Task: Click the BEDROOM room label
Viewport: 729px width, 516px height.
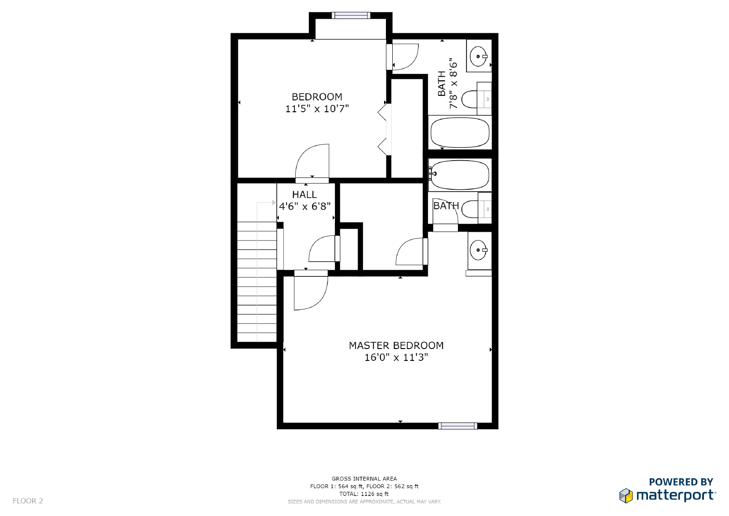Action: [x=317, y=97]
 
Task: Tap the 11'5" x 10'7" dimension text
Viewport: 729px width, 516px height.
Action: [x=317, y=109]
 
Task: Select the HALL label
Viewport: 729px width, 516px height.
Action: [x=304, y=195]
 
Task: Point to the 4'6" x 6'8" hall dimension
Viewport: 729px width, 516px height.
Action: [x=305, y=206]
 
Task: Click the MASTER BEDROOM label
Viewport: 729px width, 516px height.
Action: [x=396, y=345]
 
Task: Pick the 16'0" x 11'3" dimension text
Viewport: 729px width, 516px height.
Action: [x=396, y=358]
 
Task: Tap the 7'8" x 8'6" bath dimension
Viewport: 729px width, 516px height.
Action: [x=453, y=83]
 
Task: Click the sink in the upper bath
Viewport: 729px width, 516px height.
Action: [x=479, y=57]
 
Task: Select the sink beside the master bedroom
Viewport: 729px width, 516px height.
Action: [x=479, y=250]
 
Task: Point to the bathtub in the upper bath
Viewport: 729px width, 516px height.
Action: [x=460, y=132]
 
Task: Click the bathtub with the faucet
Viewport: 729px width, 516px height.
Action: [x=460, y=175]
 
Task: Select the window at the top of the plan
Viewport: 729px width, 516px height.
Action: [x=351, y=16]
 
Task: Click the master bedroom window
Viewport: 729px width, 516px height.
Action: [x=457, y=426]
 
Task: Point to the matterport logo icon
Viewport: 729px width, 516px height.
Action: [x=626, y=495]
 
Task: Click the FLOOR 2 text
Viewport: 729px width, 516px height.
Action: [x=28, y=501]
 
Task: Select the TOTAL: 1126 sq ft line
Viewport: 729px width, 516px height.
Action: [x=364, y=494]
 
